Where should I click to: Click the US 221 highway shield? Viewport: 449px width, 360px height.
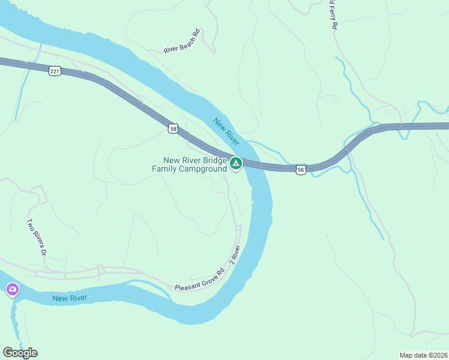pos(55,71)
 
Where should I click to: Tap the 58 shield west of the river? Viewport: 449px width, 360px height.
pos(173,128)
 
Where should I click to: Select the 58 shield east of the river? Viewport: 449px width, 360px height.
pos(301,170)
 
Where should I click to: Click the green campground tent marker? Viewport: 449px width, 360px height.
pos(237,163)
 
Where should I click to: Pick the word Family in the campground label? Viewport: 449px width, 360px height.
pos(166,169)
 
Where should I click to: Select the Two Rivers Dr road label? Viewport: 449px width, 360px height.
pos(36,237)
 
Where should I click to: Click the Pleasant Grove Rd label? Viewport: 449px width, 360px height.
pos(199,280)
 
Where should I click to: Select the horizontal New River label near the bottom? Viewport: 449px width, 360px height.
pos(70,298)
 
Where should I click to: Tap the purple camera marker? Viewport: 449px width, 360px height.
pos(12,290)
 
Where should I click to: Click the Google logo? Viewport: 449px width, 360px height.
pos(20,352)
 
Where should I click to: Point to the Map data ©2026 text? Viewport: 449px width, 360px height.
pos(423,355)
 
